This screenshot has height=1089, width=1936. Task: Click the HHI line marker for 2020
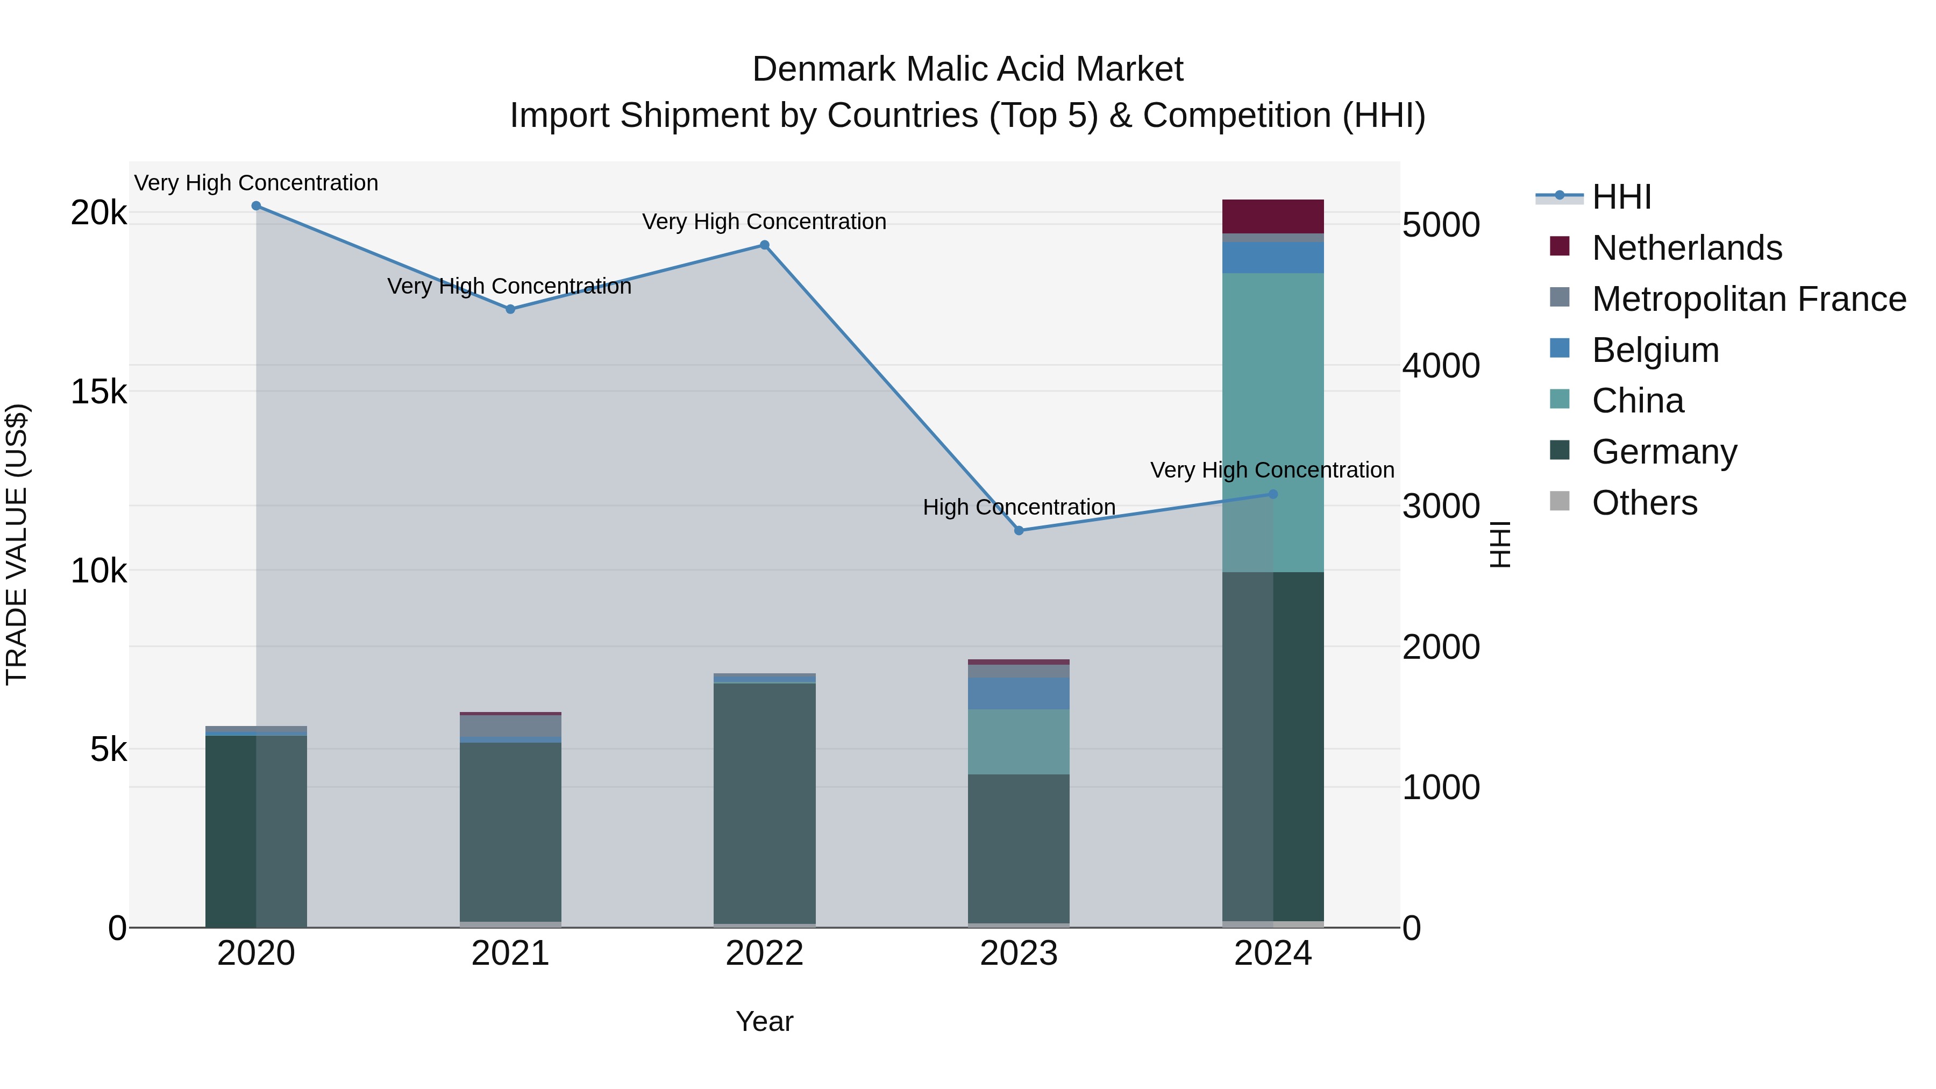(257, 206)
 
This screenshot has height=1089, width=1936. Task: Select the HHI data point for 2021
(510, 309)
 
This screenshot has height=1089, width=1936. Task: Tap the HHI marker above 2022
(764, 245)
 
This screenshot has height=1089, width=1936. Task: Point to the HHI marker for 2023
(1019, 531)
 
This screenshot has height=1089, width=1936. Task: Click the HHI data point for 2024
(1273, 495)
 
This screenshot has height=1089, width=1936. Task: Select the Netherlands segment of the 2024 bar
(1273, 216)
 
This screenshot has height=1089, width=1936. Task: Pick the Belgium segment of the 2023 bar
(1019, 694)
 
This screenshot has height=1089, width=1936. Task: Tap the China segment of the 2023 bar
(1019, 742)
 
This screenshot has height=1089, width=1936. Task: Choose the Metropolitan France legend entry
(1748, 299)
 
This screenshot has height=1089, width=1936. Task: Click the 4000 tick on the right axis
(1441, 366)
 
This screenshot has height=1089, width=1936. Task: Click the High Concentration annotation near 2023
(1019, 507)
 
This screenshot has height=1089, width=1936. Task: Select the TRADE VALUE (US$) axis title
(17, 544)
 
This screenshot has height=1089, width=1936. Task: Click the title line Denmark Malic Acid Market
(967, 69)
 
